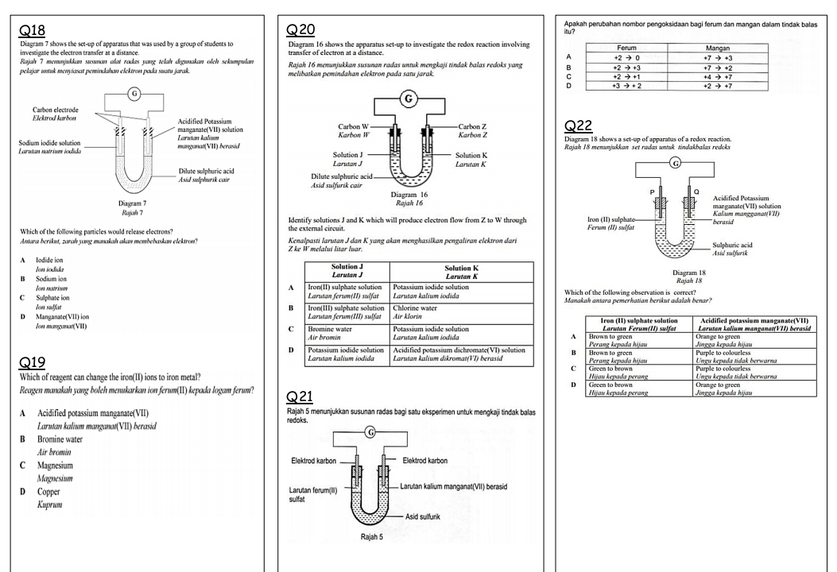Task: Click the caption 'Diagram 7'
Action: pos(139,203)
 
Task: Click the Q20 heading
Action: pos(307,30)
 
